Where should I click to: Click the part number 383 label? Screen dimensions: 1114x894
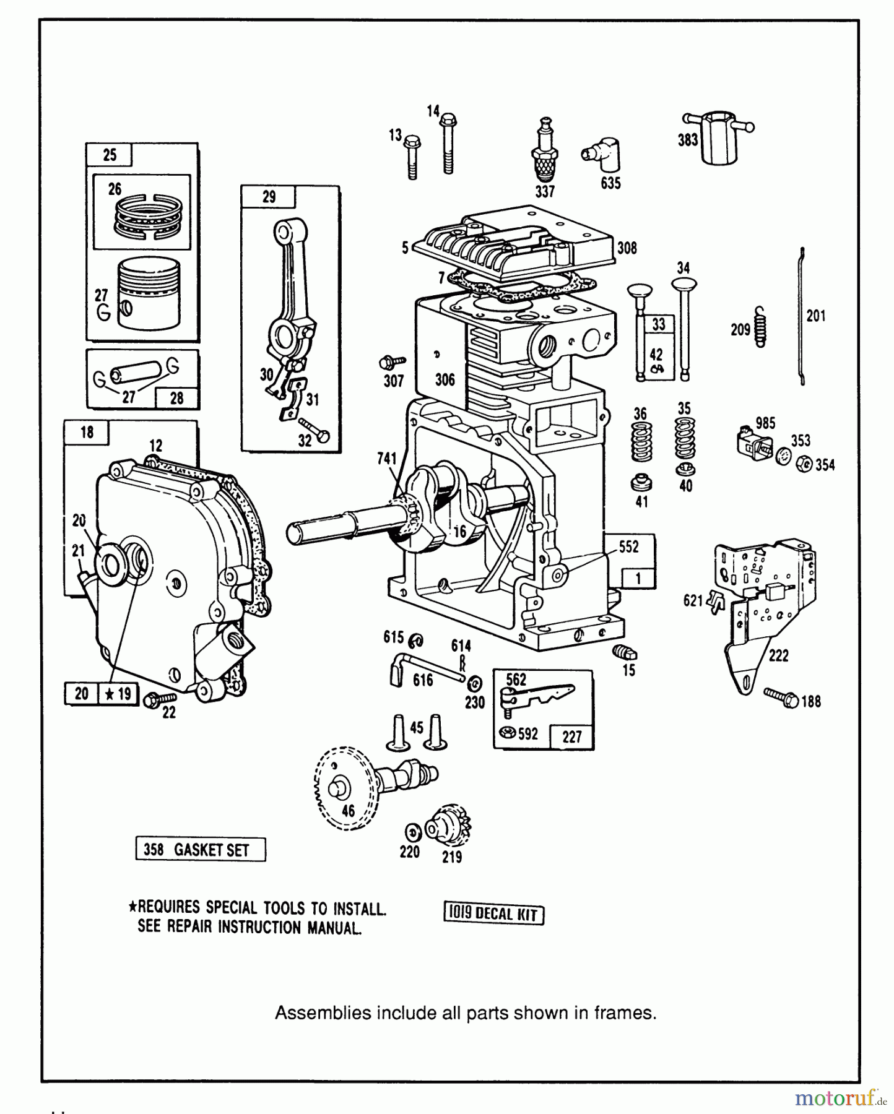pos(687,140)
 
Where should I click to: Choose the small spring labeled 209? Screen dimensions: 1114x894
pos(762,327)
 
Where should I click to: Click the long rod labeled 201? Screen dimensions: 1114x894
pos(801,316)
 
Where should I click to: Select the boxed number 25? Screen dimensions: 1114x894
pos(110,155)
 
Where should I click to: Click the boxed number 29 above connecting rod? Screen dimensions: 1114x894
pos(269,197)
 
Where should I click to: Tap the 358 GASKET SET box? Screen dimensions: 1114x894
pos(201,850)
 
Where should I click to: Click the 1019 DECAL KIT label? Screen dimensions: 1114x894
pos(493,913)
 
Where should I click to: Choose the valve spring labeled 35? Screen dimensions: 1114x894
pos(684,439)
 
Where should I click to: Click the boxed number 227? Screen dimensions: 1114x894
pos(571,736)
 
